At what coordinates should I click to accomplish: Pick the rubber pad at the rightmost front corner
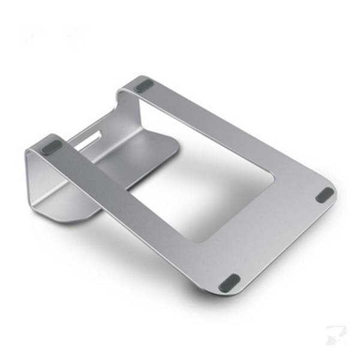pos(325,194)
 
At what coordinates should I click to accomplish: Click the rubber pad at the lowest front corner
pos(229,283)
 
